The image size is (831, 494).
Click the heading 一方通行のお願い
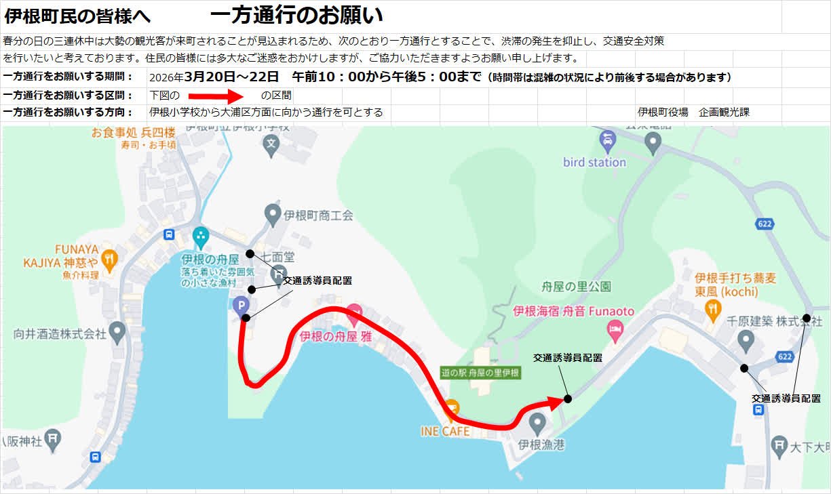tap(296, 14)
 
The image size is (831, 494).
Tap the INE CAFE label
tap(446, 431)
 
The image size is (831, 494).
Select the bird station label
tap(594, 162)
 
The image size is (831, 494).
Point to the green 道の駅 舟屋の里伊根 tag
tap(480, 373)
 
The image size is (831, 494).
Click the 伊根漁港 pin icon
tap(537, 424)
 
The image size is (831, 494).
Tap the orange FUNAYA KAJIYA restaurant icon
tap(110, 258)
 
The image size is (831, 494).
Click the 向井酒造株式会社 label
tap(60, 333)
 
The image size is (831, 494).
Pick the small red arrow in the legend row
tap(210, 96)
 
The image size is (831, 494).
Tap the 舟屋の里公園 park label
tap(577, 287)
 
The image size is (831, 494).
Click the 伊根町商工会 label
tap(319, 215)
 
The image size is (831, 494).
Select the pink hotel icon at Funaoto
tap(615, 330)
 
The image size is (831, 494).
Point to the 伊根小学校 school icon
tap(271, 144)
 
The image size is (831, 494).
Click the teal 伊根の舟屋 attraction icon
tap(201, 236)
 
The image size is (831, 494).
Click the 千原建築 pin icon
tap(746, 341)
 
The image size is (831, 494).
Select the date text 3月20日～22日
tap(231, 77)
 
